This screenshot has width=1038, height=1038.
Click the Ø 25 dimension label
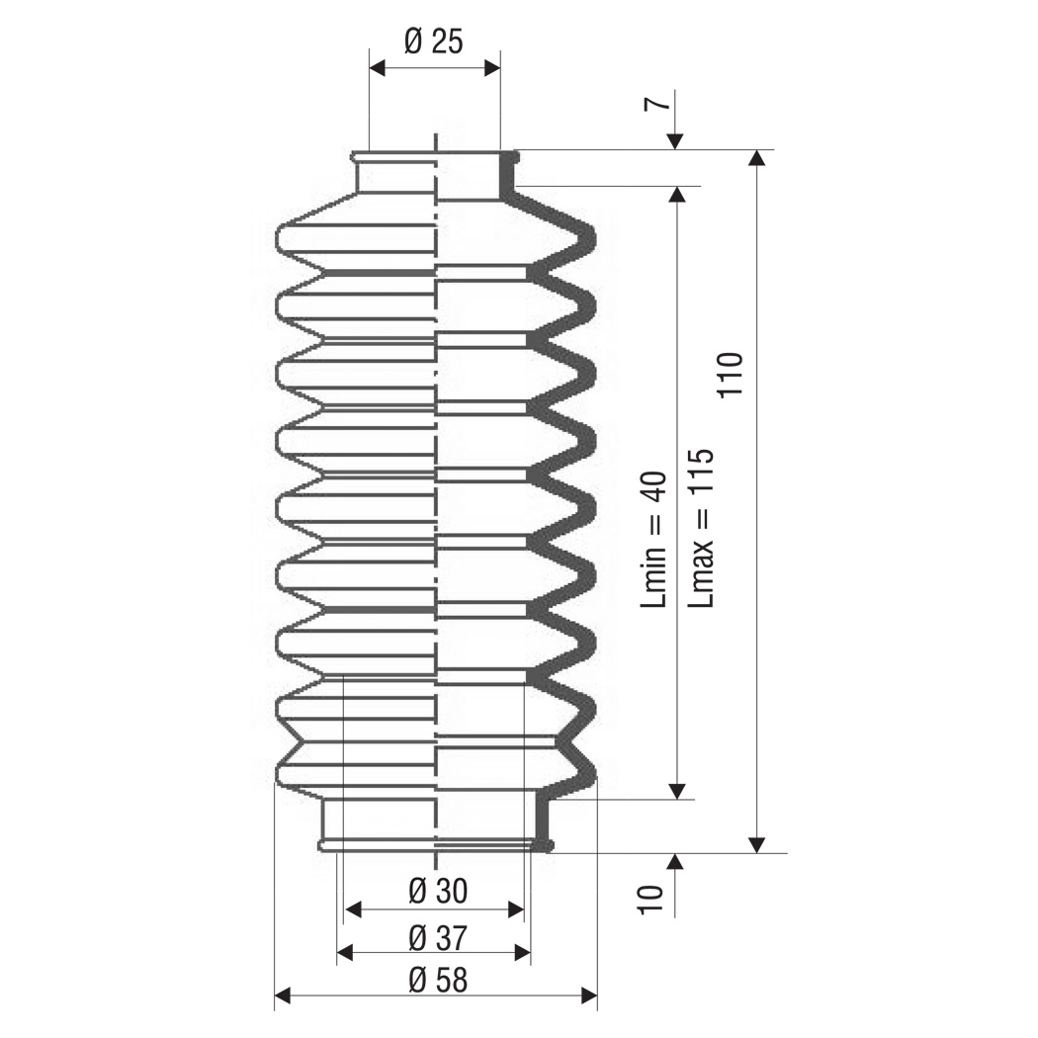[433, 42]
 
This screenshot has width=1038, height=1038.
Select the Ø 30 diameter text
[438, 891]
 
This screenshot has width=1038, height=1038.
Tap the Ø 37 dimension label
[438, 937]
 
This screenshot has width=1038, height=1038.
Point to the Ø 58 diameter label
[438, 980]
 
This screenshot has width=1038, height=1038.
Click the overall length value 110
[732, 375]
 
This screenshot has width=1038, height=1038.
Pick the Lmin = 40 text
[653, 540]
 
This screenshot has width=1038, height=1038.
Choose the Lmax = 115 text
[701, 528]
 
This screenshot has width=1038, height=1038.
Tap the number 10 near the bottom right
[650, 900]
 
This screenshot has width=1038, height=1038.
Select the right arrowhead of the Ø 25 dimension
[492, 67]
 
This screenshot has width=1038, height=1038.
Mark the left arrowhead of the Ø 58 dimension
[283, 995]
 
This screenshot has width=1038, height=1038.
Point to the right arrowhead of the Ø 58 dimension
[589, 995]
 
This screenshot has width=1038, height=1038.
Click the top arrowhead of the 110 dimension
[757, 158]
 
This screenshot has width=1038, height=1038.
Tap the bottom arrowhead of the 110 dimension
[757, 844]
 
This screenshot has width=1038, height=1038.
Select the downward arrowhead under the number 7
[674, 141]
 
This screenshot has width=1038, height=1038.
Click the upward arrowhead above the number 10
[674, 862]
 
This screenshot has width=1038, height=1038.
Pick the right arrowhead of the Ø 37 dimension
[523, 953]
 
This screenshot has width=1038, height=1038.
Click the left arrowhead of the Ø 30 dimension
[352, 909]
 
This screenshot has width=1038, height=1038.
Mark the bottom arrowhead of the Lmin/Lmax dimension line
[676, 791]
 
